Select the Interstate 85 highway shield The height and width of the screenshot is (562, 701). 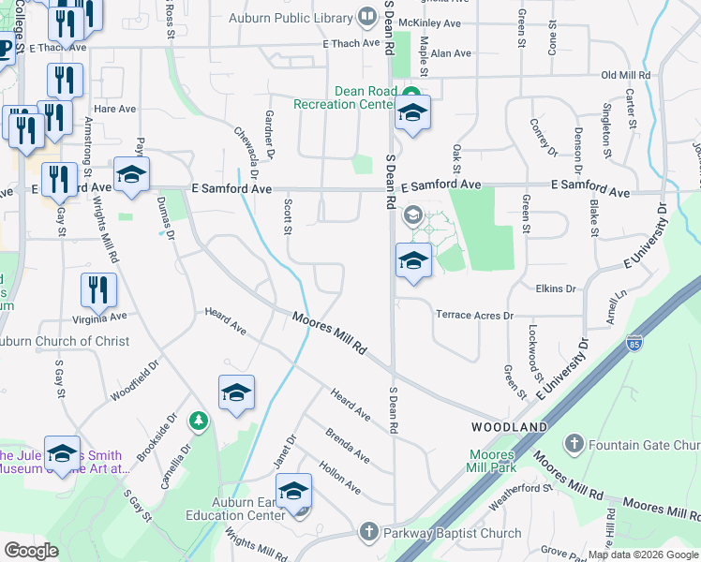[635, 344]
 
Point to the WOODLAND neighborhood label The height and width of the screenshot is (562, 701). [509, 427]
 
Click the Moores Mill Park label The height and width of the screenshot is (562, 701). [492, 460]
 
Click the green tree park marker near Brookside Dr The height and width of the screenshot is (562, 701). [198, 421]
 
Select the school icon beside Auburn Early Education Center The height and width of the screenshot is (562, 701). [293, 491]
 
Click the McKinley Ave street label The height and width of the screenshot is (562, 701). [430, 22]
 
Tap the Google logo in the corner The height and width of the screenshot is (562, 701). [31, 551]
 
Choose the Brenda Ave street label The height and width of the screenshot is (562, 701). [347, 444]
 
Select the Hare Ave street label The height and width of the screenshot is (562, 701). [115, 109]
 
